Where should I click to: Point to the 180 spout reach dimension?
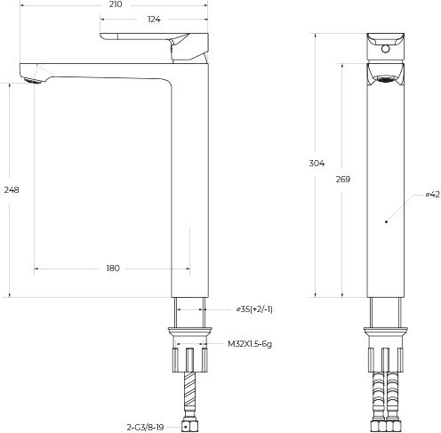pos(112,268)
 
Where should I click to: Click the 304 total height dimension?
pos(317,164)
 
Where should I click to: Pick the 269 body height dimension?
pos(343,179)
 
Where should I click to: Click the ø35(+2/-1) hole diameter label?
pos(253,309)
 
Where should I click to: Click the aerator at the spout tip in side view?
pos(33,82)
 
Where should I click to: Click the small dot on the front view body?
pos(383,223)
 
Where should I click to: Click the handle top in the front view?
pos(383,44)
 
